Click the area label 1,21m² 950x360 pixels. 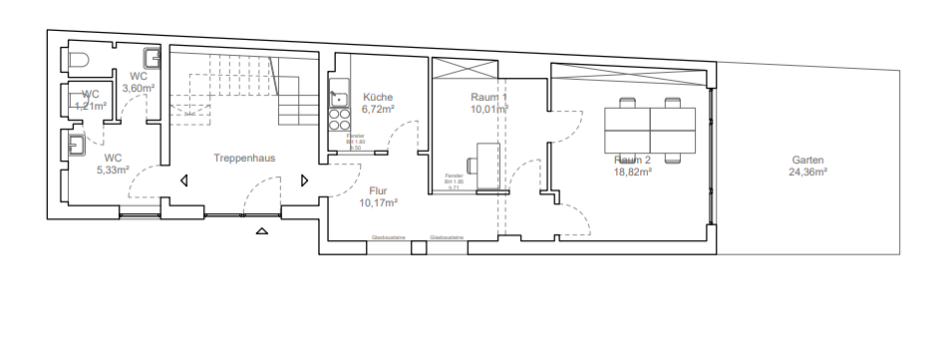(x=91, y=105)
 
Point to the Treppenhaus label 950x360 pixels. (x=243, y=158)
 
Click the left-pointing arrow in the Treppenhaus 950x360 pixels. (x=184, y=180)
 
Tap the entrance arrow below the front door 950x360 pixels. (x=262, y=232)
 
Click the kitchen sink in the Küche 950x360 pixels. (x=338, y=97)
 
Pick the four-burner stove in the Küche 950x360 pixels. (x=338, y=120)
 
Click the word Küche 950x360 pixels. (x=379, y=97)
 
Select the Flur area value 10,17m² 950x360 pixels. (x=379, y=202)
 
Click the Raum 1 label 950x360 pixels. (x=489, y=97)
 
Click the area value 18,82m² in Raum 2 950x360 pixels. (x=632, y=172)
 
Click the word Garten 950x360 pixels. (x=807, y=160)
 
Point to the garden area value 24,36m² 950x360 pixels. (x=807, y=172)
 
